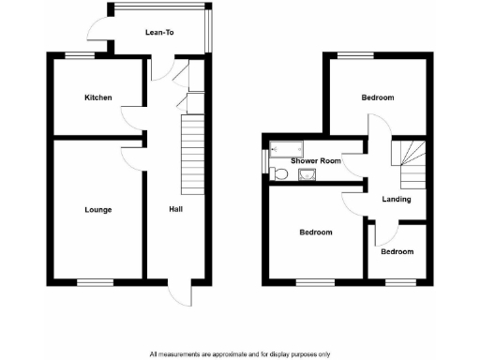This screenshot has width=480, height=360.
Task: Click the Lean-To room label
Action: [159, 33]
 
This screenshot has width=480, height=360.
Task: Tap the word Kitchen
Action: [98, 97]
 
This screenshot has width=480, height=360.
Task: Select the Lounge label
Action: [97, 209]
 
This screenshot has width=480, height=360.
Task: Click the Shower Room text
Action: [316, 161]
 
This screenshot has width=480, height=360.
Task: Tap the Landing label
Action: [397, 199]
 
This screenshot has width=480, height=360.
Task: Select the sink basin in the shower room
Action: [305, 173]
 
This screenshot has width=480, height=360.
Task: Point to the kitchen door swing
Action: [130, 117]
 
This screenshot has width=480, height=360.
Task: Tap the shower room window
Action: [265, 160]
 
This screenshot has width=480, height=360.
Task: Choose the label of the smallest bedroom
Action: [397, 251]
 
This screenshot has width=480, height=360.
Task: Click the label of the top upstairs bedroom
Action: [378, 97]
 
